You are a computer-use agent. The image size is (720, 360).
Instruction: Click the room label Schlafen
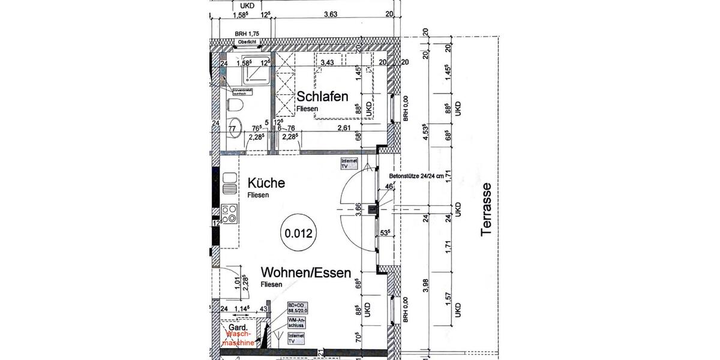323,96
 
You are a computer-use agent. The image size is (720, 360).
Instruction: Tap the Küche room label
266,183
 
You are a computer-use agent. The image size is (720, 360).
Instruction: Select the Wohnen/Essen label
306,273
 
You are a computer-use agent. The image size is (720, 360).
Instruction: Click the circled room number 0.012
298,232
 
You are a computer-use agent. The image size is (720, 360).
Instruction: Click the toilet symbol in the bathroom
236,106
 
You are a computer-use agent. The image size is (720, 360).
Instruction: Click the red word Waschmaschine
239,339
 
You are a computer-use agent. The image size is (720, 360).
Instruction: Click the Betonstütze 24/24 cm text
416,176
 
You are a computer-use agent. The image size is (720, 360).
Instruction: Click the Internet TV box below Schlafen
349,164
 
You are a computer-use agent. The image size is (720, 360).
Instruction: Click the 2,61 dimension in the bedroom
344,128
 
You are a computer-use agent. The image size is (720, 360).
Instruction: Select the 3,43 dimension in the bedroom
327,62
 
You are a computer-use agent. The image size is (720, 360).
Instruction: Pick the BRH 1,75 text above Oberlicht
247,33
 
